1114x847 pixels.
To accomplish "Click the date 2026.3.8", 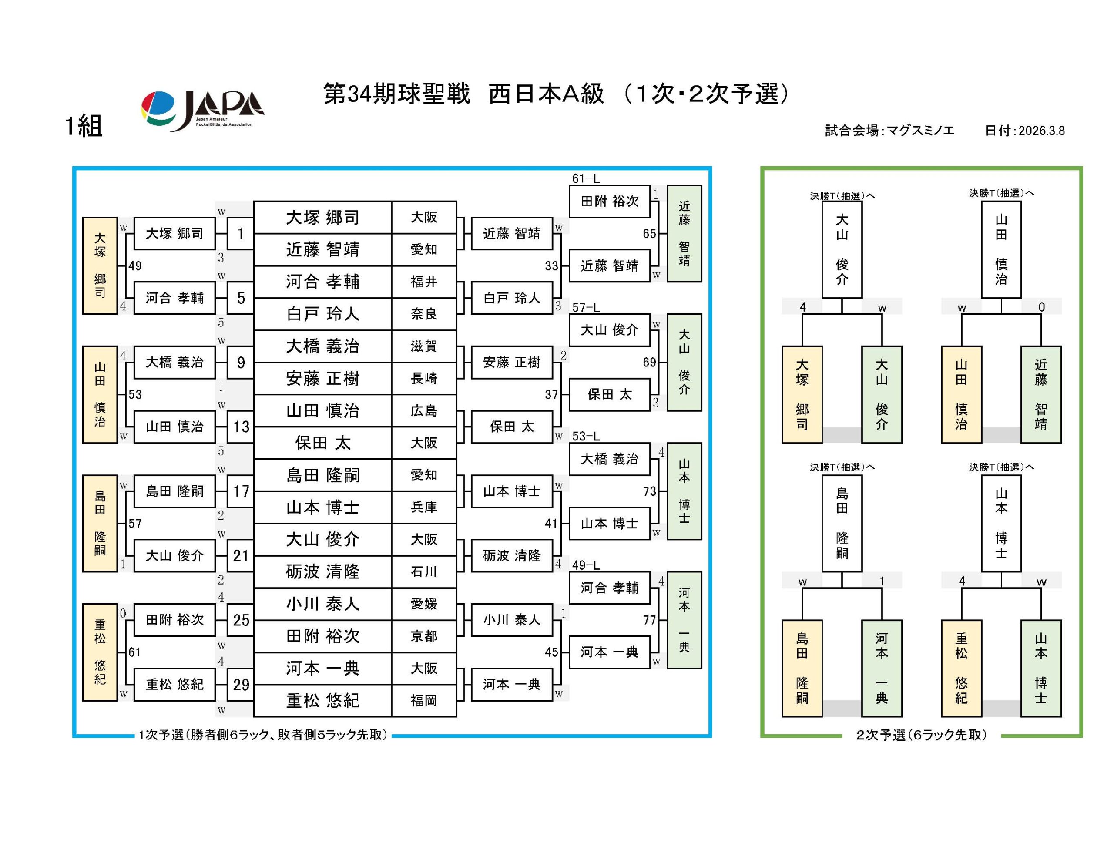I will [x=1041, y=131].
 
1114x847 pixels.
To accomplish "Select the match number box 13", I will [x=241, y=427].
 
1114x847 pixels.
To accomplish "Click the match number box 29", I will [x=241, y=684].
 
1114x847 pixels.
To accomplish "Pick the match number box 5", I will [x=241, y=298].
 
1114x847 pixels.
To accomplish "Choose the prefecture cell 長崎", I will [x=423, y=378].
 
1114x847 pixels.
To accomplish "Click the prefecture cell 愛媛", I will [x=423, y=604].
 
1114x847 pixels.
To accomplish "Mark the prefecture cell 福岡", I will [x=423, y=700].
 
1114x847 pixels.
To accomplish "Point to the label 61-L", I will [x=586, y=178].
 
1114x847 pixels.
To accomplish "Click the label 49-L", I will [x=586, y=565].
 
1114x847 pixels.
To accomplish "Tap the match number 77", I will [x=649, y=620].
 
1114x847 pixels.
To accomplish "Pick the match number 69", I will [x=649, y=362].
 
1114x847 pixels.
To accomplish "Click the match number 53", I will [x=135, y=394].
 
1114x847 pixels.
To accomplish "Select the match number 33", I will [x=551, y=266].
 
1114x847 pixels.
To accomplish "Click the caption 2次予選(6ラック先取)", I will [x=921, y=735].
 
